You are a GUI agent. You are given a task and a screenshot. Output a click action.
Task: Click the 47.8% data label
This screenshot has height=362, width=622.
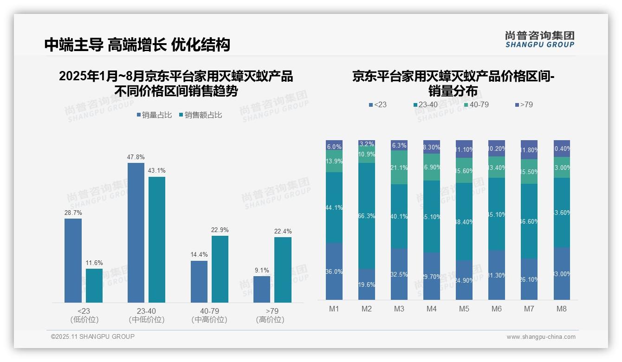tap(136, 157)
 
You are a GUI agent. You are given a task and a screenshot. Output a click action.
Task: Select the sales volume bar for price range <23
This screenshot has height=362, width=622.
tap(73, 260)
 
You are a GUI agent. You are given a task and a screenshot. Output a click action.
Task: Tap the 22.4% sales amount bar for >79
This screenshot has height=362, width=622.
tap(283, 270)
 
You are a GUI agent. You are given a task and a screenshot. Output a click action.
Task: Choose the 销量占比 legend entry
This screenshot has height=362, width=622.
tap(154, 115)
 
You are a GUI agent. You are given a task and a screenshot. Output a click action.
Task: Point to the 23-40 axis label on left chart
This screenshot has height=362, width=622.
tap(146, 311)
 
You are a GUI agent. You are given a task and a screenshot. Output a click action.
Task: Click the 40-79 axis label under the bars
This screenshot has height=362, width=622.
tap(209, 311)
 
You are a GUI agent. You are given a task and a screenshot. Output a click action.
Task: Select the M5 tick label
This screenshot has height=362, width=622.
tap(464, 309)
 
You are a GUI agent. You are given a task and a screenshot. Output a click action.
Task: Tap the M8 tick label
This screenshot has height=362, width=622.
tap(562, 309)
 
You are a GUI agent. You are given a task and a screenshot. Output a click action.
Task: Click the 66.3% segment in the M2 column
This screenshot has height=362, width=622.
tap(367, 216)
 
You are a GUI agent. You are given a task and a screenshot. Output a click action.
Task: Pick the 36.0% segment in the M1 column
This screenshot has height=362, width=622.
tap(334, 271)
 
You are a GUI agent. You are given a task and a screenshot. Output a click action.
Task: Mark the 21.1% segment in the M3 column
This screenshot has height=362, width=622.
tap(399, 168)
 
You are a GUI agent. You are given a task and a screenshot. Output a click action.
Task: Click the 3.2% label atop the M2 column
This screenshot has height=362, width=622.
tap(367, 144)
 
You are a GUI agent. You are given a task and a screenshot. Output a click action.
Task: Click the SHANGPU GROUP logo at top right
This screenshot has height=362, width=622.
tap(539, 39)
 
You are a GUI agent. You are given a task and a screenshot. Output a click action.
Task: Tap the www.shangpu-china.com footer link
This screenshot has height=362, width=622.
tap(541, 337)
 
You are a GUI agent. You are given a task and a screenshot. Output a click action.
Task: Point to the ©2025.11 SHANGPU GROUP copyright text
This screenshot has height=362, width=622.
tap(92, 337)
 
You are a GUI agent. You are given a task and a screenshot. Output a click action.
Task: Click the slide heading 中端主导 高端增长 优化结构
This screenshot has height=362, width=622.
tap(137, 45)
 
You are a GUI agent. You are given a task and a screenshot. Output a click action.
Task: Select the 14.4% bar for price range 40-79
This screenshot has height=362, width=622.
tap(199, 282)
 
